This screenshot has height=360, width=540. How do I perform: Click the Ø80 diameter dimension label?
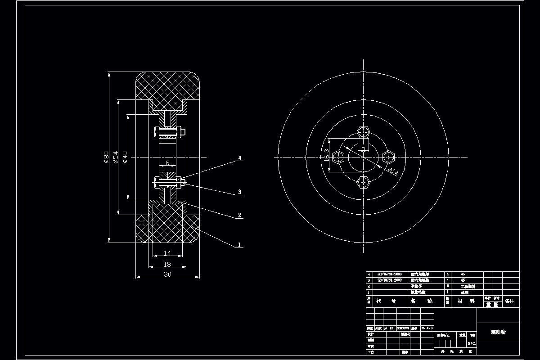pos(106,157)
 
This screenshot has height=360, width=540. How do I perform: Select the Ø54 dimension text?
pos(116,157)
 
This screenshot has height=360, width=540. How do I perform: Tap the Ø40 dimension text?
pos(126,157)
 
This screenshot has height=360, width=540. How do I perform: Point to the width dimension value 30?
pos(167,274)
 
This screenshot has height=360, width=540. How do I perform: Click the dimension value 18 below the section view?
pos(167,265)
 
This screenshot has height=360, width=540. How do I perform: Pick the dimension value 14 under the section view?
pos(167,254)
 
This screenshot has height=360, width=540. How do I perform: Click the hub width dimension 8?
pos(167,163)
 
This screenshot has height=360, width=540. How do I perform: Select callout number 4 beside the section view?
pos(240,158)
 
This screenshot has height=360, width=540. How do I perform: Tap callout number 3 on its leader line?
pos(240,192)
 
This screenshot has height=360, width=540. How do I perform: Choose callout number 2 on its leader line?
pos(240,216)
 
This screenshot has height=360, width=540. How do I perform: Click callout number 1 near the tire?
pos(240,245)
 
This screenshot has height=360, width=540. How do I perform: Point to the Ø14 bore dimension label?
pos(392,171)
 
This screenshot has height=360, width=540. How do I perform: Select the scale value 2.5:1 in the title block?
pos(471,343)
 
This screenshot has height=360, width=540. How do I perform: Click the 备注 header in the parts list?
pos(510,301)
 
